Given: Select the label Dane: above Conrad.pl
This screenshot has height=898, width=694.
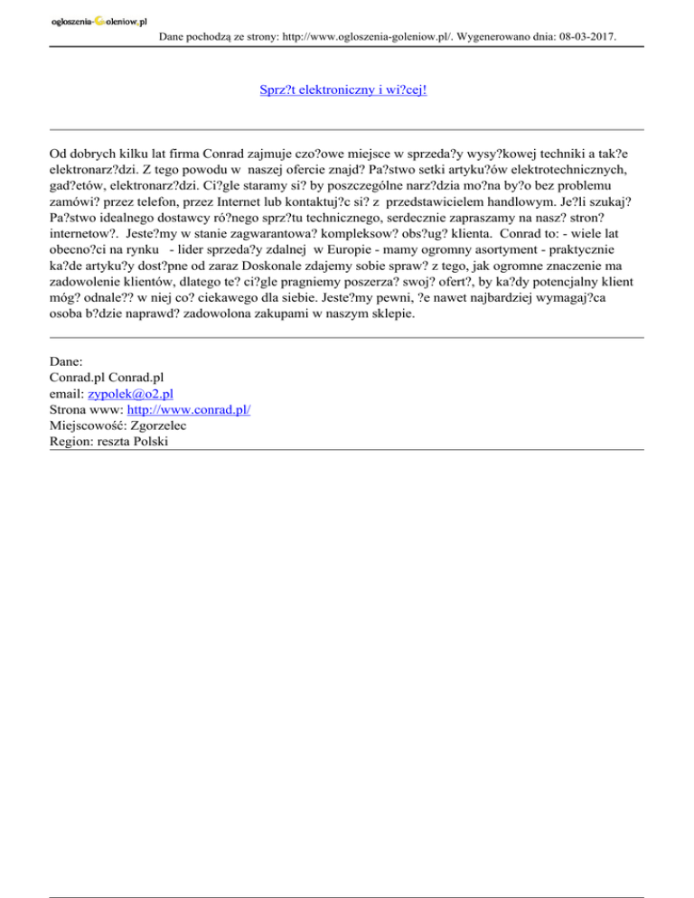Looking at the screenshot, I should [x=67, y=360].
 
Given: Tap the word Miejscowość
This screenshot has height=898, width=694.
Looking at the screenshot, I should [x=87, y=426].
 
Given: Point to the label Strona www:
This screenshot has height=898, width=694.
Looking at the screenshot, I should [x=89, y=410].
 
